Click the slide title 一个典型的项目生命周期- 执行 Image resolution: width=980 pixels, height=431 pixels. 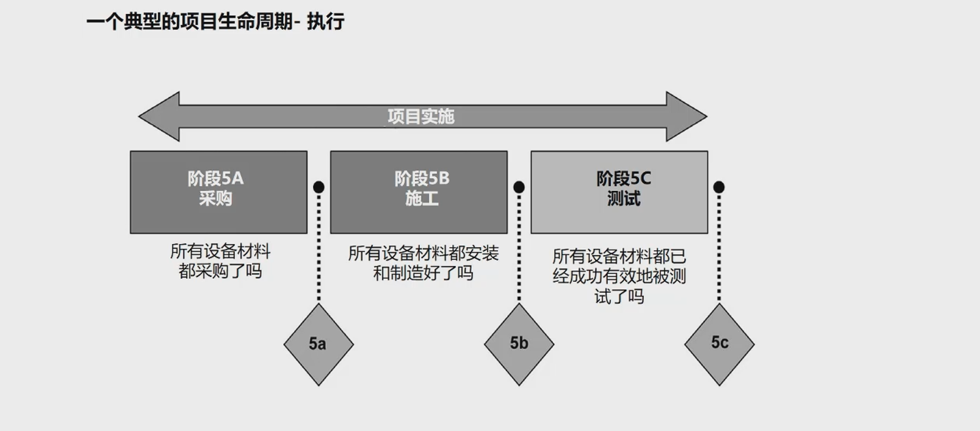point(215,22)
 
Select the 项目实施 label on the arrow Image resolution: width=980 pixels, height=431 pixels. point(421,117)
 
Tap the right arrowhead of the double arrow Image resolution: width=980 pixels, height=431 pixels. point(686,117)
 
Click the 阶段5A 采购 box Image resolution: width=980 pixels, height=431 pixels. point(218,192)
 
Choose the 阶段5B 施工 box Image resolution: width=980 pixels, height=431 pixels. point(419,192)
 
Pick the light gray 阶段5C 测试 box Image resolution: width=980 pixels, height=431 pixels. point(619,192)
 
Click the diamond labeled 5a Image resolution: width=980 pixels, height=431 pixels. point(319,344)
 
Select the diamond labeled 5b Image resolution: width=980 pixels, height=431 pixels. point(519,344)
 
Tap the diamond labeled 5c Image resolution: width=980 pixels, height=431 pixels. point(719,344)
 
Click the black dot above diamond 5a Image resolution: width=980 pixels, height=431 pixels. point(319,187)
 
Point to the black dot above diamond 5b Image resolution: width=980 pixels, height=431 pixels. point(519,187)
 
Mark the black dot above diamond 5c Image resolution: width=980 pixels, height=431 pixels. point(719,187)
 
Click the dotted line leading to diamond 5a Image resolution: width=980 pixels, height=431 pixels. point(319,249)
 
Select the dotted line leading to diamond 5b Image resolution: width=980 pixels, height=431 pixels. point(519,249)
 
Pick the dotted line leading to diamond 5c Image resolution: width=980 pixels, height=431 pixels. point(719,249)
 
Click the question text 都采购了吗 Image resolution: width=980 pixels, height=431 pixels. point(220,271)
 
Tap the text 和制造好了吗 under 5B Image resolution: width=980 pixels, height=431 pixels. point(423,273)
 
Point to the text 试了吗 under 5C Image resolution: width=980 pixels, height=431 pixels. point(619,297)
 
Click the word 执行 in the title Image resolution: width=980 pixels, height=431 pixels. point(326,22)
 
